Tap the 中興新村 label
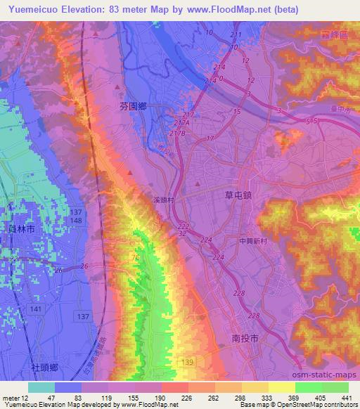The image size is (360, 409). coord(251,240)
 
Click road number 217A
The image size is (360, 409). coord(185,124)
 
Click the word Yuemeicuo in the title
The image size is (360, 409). coord(34,10)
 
